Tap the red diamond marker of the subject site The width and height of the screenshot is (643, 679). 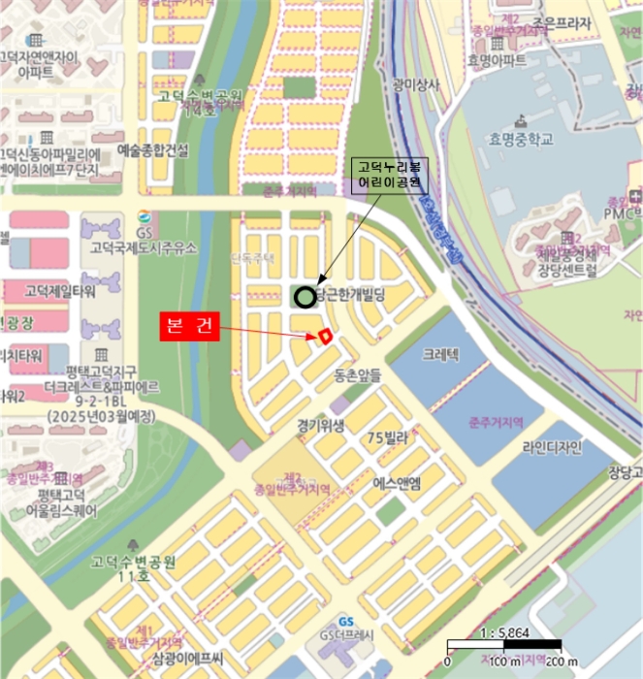coord(326,336)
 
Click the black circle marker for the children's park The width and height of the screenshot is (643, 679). coord(305,297)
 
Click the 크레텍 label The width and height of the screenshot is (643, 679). coord(442,356)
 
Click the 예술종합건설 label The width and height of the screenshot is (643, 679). coord(152,149)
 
